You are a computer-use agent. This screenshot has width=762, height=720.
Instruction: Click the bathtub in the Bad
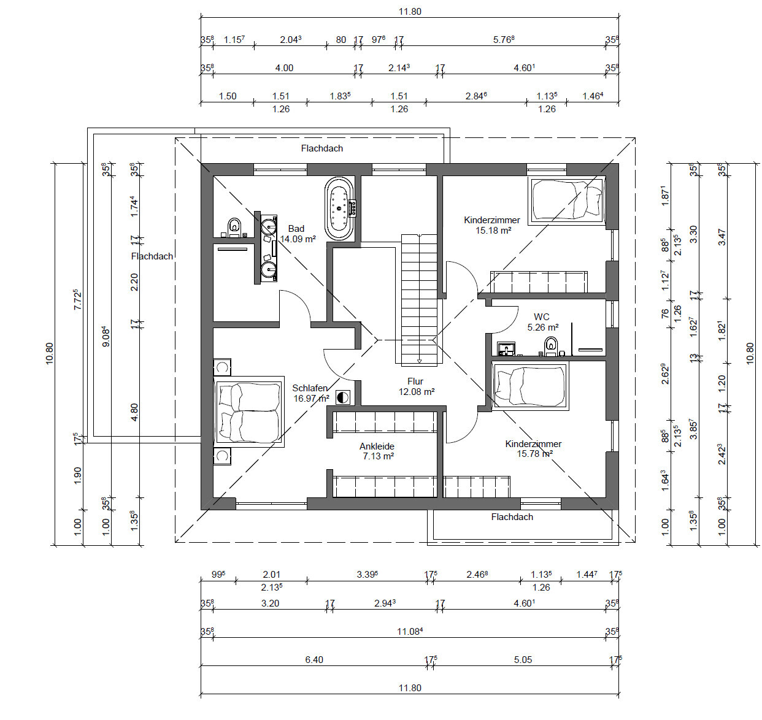click(339, 209)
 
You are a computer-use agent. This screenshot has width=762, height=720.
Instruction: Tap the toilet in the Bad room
click(234, 227)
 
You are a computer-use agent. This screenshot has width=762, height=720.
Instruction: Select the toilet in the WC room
click(550, 346)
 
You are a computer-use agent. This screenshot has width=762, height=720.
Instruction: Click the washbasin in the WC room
click(507, 348)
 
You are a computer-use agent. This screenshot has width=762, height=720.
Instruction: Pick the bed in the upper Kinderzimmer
click(567, 201)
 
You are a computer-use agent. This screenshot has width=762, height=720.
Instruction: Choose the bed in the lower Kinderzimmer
click(530, 386)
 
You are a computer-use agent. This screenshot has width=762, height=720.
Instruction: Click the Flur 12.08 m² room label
click(416, 386)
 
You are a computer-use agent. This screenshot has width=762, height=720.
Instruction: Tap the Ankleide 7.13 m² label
click(378, 451)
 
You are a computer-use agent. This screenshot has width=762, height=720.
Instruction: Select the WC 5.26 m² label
click(542, 322)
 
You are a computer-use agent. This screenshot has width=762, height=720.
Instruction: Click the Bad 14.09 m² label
click(298, 234)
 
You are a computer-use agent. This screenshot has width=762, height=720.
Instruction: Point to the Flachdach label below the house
click(512, 516)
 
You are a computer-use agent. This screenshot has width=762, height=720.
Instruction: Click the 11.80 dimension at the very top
click(410, 12)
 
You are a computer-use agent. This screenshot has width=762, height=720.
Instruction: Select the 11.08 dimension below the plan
click(410, 631)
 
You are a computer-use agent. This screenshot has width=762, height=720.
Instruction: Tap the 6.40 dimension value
click(314, 659)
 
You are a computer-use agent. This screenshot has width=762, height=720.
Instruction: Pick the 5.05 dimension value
click(523, 659)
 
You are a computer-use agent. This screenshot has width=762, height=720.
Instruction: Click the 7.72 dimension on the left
click(78, 299)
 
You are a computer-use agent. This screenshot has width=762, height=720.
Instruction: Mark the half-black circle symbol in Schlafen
click(342, 397)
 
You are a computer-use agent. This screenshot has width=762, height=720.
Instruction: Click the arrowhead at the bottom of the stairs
click(419, 361)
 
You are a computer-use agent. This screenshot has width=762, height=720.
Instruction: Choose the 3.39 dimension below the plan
click(367, 574)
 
